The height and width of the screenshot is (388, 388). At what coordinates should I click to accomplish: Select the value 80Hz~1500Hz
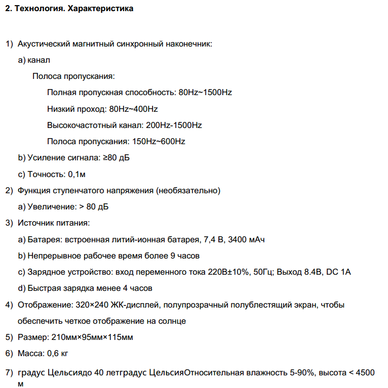coord(205,93)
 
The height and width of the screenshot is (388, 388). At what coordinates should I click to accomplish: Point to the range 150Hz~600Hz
coord(159,141)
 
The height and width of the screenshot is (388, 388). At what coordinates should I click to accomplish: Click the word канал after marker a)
coord(39,60)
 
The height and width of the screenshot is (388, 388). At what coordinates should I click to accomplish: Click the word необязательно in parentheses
coord(188,191)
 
